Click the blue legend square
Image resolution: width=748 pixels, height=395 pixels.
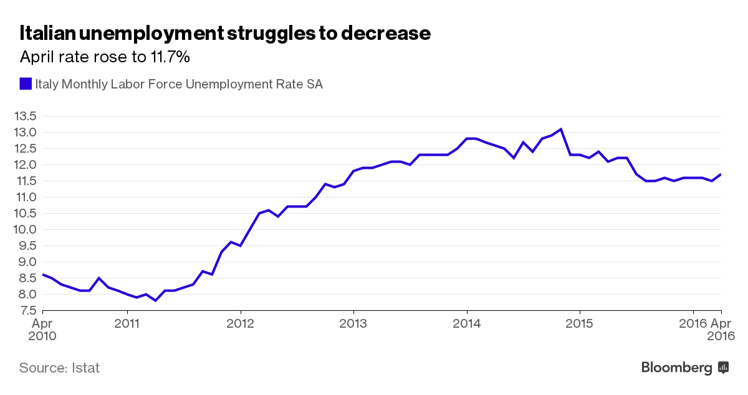point(26,83)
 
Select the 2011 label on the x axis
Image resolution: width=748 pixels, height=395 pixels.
point(127,323)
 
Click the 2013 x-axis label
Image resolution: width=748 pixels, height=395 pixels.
point(353,323)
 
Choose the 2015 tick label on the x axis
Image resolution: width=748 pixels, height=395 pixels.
point(580,323)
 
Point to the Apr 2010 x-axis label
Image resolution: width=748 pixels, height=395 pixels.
point(42,330)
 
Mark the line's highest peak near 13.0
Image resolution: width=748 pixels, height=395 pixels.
point(561,129)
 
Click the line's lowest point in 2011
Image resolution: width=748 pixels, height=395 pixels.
point(155,300)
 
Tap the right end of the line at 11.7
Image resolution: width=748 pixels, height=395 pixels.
point(721,174)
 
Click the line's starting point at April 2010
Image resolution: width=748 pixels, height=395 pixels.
point(42,275)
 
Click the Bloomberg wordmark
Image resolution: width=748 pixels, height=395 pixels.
point(677,368)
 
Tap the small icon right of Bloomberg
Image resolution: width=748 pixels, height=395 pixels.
point(724,368)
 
